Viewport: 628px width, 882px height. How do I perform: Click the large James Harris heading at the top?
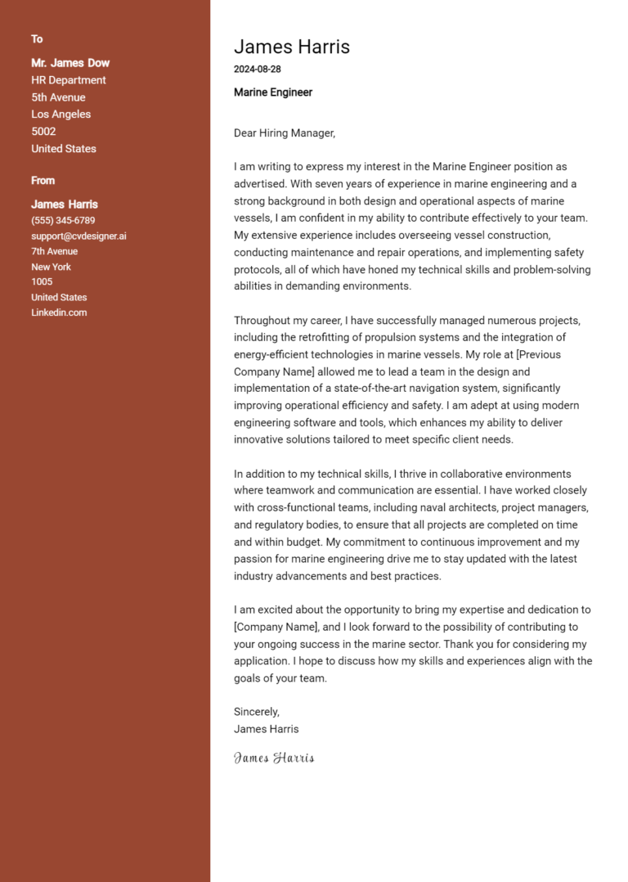[x=291, y=47]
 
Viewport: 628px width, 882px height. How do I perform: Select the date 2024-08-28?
[x=257, y=70]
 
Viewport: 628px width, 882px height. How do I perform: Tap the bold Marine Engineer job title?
[x=273, y=92]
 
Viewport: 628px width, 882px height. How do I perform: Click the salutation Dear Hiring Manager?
[x=285, y=133]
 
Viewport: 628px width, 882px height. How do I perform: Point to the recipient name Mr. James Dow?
[x=70, y=63]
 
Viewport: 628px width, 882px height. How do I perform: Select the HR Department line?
[x=69, y=80]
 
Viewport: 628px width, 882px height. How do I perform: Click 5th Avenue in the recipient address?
[x=58, y=97]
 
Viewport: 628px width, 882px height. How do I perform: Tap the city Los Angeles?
[x=61, y=115]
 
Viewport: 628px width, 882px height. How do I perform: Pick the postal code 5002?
[x=43, y=132]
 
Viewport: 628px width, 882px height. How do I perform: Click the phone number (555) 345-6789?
[x=63, y=221]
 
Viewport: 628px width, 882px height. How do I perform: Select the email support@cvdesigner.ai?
[x=78, y=236]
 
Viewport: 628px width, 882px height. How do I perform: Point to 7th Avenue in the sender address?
[x=54, y=251]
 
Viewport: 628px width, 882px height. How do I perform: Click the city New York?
[x=51, y=267]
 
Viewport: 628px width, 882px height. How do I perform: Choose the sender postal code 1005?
[x=42, y=281]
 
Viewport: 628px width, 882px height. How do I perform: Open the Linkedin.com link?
[x=59, y=313]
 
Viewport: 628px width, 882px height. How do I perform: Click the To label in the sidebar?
[x=37, y=39]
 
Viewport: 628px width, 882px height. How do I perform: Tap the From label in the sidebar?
[x=43, y=181]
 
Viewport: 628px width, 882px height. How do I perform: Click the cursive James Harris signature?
[x=274, y=758]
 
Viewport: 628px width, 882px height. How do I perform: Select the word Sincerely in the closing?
[x=256, y=712]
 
